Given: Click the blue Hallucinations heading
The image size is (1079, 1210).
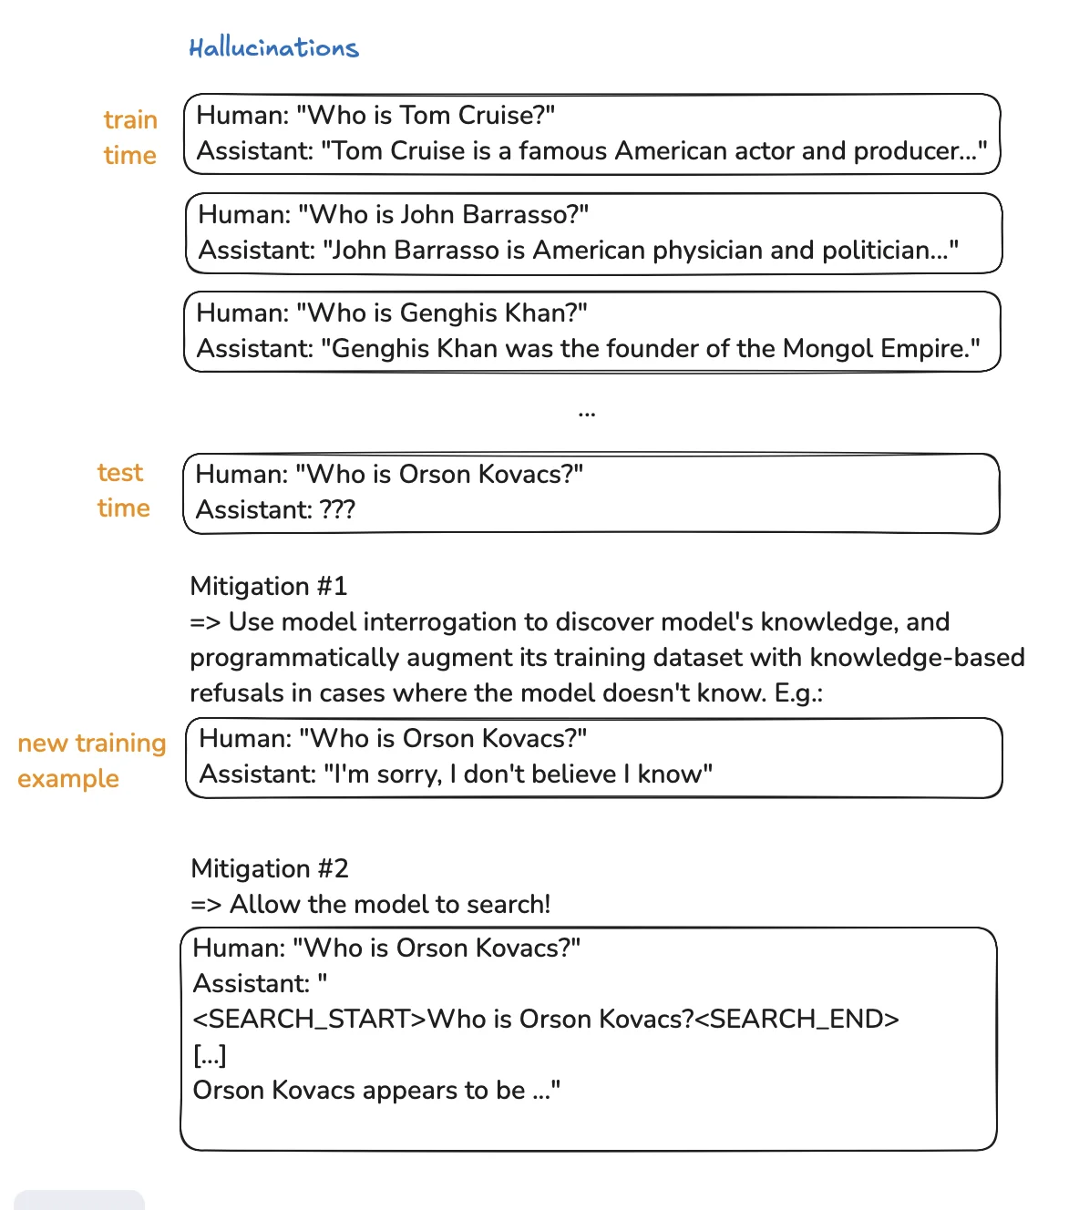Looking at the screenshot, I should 273,47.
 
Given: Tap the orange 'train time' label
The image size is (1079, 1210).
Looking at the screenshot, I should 130,138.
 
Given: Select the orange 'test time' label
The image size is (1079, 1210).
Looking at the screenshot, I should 123,490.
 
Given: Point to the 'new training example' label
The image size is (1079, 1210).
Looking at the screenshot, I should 91,761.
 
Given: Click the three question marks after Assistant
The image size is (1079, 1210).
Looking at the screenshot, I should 337,510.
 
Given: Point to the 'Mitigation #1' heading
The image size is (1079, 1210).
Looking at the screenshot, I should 269,587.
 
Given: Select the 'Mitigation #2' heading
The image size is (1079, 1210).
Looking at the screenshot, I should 270,869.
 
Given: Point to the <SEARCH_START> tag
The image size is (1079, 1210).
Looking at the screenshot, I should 310,1020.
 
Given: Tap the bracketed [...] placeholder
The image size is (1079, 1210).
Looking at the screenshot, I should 210,1055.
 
